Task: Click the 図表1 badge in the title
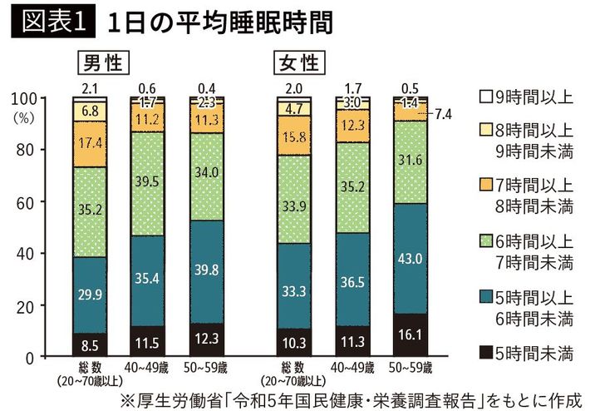tap(51, 22)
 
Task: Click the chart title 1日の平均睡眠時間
tap(219, 22)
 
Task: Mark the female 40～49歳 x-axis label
tap(352, 367)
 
